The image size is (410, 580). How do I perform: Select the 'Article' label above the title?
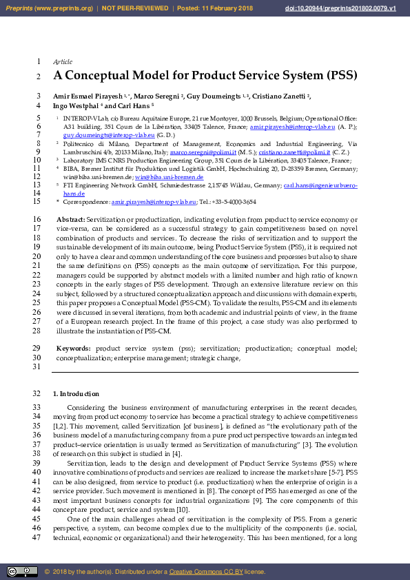[x=63, y=62]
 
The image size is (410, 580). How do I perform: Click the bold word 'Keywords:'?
[x=73, y=349]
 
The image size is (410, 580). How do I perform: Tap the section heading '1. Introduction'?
[x=76, y=394]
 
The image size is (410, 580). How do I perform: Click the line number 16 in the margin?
[x=37, y=218]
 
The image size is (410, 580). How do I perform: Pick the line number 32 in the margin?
[x=37, y=394]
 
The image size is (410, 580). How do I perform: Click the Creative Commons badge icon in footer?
[x=22, y=572]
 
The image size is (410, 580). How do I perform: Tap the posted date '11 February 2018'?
[x=220, y=8]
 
